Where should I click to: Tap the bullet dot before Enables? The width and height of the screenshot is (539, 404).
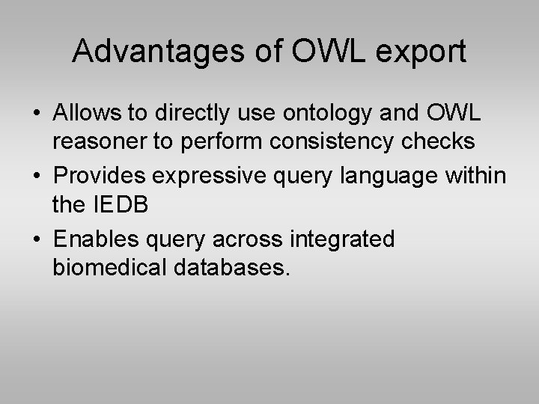click(x=36, y=239)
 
